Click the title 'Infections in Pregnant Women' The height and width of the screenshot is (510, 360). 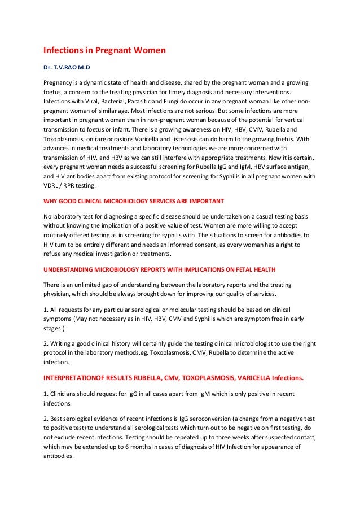(104, 51)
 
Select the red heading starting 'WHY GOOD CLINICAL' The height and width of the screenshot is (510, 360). (134, 201)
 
